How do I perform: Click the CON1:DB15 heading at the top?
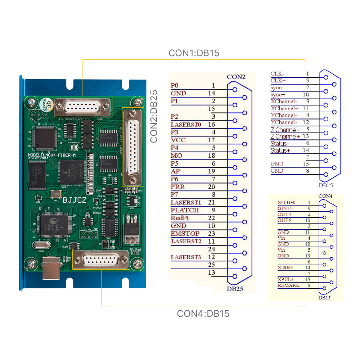(194, 53)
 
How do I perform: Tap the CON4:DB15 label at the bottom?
(203, 314)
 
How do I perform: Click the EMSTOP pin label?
(185, 234)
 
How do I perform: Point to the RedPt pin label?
(180, 218)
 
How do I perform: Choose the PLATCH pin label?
(185, 210)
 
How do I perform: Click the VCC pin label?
(178, 140)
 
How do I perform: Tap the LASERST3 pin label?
(186, 257)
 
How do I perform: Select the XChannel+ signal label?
(284, 108)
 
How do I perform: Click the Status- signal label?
(280, 143)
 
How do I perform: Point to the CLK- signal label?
(277, 74)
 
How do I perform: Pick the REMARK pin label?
(288, 285)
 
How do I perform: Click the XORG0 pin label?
(286, 203)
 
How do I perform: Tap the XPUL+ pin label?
(285, 279)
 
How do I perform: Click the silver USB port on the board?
(51, 269)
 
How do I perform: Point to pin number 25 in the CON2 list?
(212, 265)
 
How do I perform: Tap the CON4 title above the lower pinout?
(325, 196)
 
